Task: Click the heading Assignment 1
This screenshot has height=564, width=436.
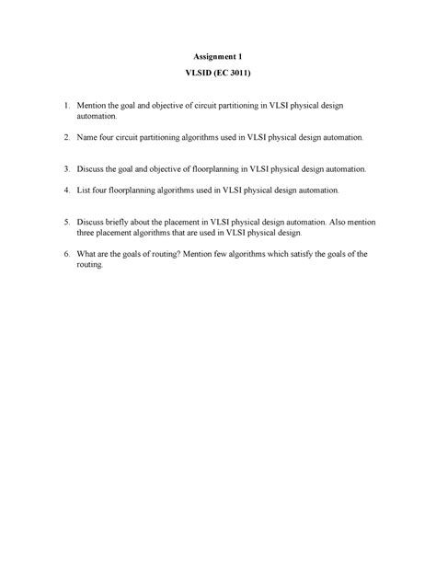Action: pyautogui.click(x=217, y=57)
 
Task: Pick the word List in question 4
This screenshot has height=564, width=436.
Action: pyautogui.click(x=86, y=190)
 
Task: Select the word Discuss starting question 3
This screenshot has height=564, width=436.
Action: pyautogui.click(x=93, y=169)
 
